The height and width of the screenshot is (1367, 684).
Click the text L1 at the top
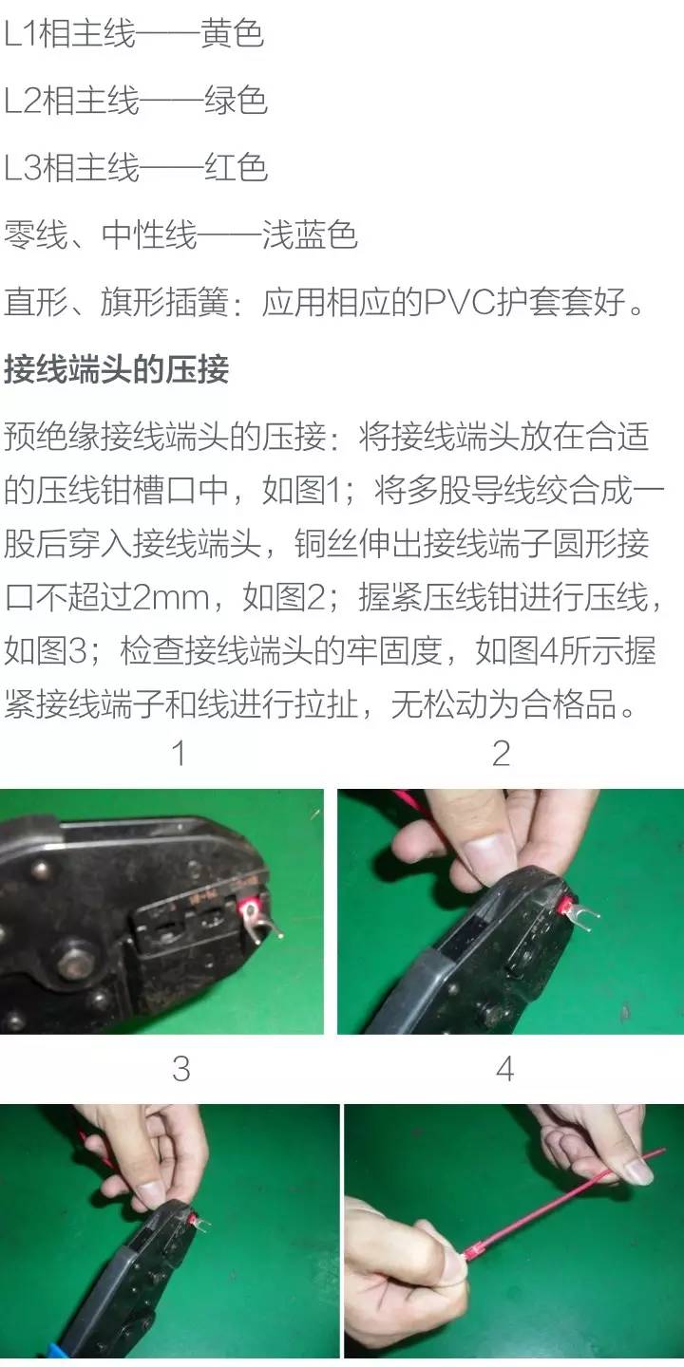click(x=21, y=33)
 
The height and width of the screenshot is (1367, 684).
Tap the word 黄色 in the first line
click(x=233, y=33)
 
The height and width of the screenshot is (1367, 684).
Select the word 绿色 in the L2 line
click(x=236, y=100)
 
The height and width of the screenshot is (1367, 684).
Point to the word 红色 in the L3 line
click(x=236, y=167)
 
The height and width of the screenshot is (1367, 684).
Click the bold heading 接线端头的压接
click(x=117, y=368)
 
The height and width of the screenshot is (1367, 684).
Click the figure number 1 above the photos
click(x=179, y=753)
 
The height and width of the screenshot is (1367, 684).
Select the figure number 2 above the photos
click(x=501, y=753)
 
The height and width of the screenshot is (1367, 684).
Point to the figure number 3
click(x=181, y=1069)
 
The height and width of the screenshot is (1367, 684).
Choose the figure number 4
click(x=505, y=1069)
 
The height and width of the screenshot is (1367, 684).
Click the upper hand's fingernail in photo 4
click(x=638, y=1171)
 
